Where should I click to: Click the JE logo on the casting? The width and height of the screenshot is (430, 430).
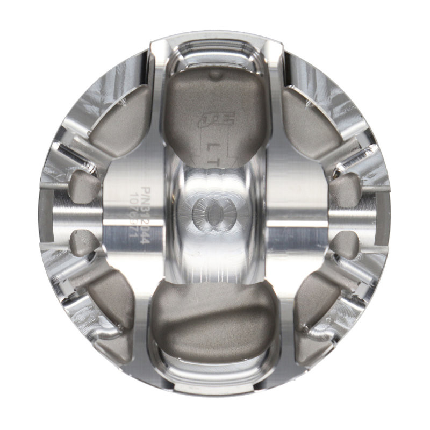click(x=209, y=120)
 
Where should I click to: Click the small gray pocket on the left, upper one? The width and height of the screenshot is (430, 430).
click(x=84, y=186)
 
